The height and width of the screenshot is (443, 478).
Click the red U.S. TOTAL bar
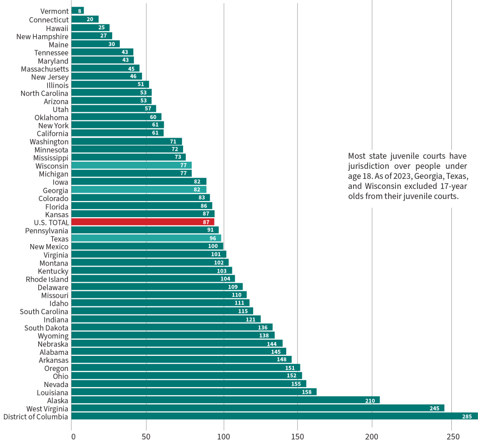click(x=142, y=222)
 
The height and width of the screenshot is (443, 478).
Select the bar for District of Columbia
click(x=274, y=416)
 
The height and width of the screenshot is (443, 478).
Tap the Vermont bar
click(x=77, y=11)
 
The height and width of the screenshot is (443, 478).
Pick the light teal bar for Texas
click(x=146, y=238)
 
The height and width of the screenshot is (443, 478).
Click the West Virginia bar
click(x=258, y=408)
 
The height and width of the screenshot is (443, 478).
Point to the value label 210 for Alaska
click(x=371, y=400)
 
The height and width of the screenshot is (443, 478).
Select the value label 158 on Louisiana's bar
click(x=306, y=392)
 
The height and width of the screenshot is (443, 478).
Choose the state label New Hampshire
click(x=42, y=36)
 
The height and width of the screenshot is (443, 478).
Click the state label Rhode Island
click(x=47, y=279)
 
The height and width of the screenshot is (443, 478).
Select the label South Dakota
click(x=46, y=328)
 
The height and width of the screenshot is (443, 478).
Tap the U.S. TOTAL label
click(x=51, y=222)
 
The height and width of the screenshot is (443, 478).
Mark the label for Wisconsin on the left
click(x=52, y=166)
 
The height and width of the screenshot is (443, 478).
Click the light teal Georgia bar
click(x=139, y=189)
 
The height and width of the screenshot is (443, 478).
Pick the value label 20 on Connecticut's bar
click(x=90, y=20)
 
